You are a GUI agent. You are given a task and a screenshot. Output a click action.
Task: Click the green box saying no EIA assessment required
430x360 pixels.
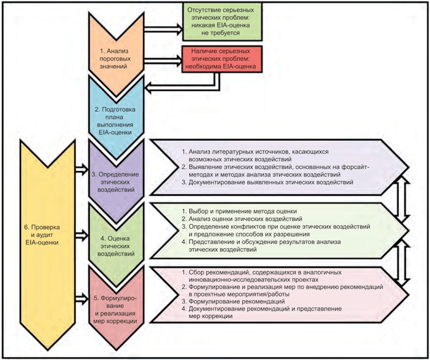(222, 22)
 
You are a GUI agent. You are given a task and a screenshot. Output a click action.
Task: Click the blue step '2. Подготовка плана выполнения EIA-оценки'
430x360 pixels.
(115, 121)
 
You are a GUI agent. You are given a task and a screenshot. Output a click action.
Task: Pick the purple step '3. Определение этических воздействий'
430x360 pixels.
(116, 182)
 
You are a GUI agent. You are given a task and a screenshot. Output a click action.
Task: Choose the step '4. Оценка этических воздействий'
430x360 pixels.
(116, 246)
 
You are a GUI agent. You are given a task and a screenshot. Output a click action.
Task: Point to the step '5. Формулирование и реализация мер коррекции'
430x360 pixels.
(115, 309)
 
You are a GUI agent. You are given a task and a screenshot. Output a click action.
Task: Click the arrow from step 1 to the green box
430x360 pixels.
(164, 29)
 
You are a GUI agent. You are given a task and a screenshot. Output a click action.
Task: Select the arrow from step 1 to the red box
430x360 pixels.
(164, 60)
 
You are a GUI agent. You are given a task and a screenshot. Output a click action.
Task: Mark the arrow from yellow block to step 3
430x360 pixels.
(82, 169)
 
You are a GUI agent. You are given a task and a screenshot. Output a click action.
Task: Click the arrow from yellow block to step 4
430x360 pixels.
(82, 235)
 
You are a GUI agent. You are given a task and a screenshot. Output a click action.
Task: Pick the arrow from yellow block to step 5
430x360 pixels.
(82, 299)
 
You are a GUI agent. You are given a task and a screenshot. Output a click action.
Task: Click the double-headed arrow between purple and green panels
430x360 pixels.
(403, 199)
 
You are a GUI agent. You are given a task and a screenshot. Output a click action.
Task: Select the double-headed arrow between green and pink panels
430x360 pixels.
(403, 262)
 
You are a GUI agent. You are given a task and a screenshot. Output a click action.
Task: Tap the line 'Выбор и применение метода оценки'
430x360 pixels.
(243, 211)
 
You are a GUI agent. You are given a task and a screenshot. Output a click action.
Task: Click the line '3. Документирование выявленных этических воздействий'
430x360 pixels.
(267, 182)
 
